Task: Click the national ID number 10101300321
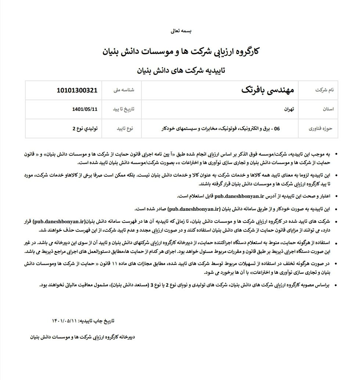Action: (x=77, y=90)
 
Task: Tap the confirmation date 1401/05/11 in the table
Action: (x=85, y=109)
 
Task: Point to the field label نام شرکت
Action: (x=324, y=90)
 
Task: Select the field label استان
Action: (x=328, y=109)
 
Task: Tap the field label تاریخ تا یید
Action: (x=123, y=109)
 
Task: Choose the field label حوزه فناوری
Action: (x=320, y=129)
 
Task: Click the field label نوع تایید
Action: (x=125, y=129)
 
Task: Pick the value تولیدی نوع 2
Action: (x=85, y=129)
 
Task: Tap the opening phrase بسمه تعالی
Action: (x=181, y=31)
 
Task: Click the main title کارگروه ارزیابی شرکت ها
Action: (x=181, y=51)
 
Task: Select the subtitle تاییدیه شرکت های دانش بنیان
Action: (x=181, y=70)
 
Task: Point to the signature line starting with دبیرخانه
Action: (x=83, y=336)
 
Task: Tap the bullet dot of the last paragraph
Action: (x=338, y=285)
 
